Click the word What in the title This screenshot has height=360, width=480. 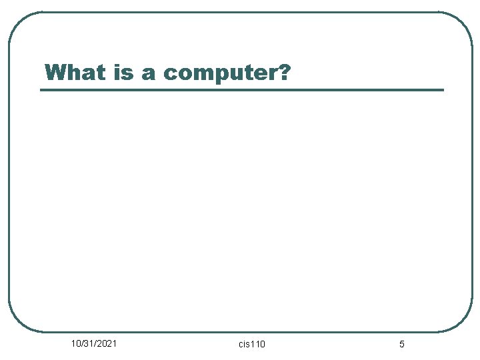pos(76,72)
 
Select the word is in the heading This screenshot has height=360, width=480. pos(124,72)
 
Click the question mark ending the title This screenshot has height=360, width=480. pos(283,72)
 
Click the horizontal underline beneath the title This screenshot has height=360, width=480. pos(241,89)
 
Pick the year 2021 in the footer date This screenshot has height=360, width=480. pos(107,343)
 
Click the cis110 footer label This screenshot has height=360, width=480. pos(252,344)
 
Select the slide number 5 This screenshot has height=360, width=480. pos(401,344)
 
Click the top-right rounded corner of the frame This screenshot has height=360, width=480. pos(463,21)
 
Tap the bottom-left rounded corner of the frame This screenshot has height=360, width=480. pos(18,322)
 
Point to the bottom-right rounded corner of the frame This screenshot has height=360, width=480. pos(463,322)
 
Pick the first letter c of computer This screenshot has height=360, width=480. pos(169,74)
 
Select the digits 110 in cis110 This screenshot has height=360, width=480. pos(258,344)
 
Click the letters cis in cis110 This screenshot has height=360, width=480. pos(244,344)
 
